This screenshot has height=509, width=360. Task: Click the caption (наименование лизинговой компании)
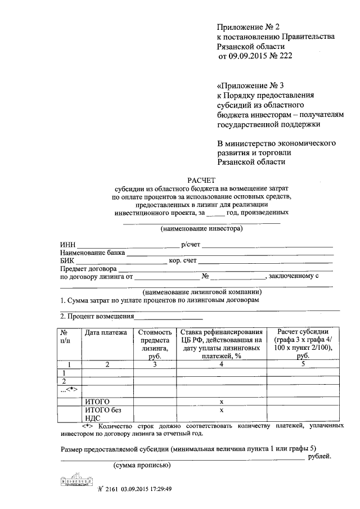202,292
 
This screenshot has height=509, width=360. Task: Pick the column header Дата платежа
106,333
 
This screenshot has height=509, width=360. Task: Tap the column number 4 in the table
221,364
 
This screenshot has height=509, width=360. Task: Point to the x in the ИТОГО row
221,402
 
